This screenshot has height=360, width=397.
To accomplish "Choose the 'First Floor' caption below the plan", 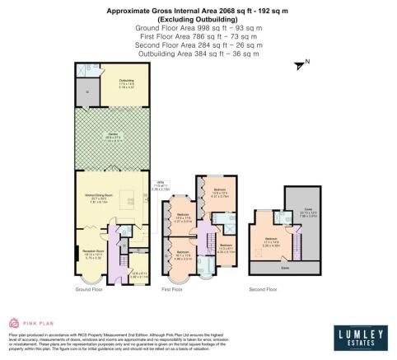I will coord(172,289).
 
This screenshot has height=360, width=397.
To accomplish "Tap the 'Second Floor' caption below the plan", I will coord(264,289).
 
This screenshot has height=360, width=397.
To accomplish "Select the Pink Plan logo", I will coord(33,322).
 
